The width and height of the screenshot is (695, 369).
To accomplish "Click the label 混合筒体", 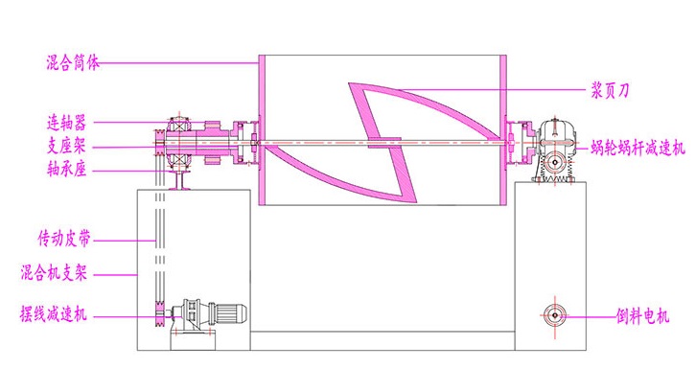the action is [x=73, y=62].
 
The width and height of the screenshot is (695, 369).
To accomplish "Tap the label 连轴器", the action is [x=66, y=123].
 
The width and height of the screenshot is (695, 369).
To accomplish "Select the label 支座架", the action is [x=66, y=146].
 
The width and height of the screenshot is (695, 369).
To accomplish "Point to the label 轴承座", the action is [x=66, y=169].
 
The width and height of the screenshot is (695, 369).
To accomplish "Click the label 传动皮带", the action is [x=64, y=239].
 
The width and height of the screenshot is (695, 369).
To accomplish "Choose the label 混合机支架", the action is [x=54, y=272].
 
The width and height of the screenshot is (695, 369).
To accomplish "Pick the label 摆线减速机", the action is [x=53, y=314].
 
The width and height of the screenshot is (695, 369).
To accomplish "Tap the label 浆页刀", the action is [x=610, y=91].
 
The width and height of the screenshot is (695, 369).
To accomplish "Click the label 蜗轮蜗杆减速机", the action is [x=637, y=148].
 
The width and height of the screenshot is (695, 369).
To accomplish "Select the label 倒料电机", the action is [x=642, y=316].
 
